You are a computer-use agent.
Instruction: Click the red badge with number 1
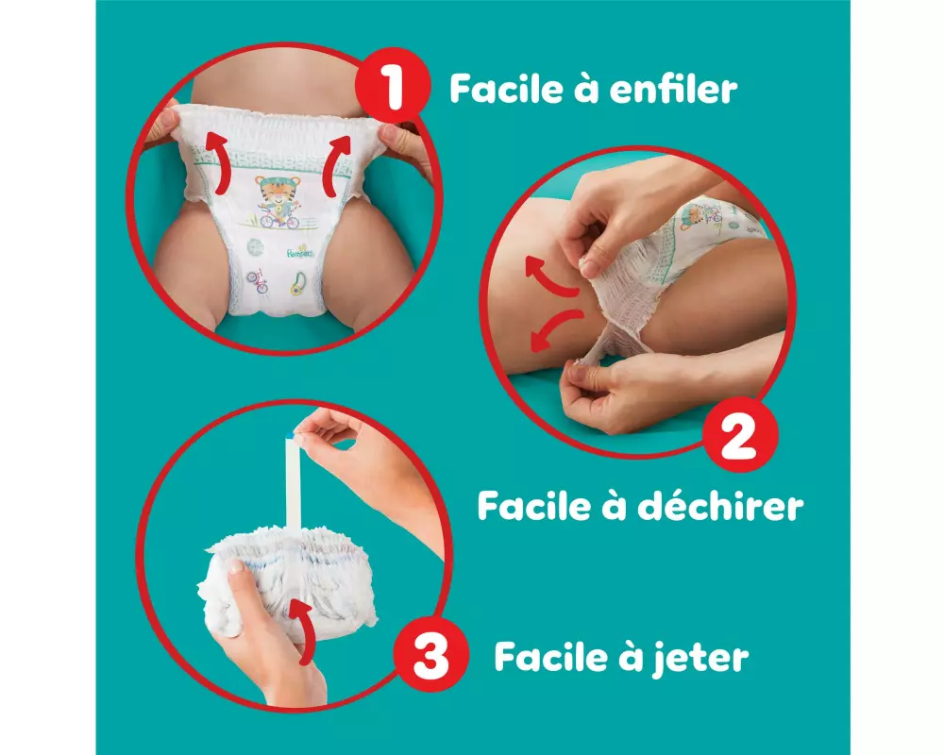tap(392, 88)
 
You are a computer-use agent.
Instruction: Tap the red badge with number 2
tap(739, 435)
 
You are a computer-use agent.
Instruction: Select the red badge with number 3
tap(431, 656)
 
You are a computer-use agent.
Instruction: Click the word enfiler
tap(673, 89)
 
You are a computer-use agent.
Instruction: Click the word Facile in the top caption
tap(505, 89)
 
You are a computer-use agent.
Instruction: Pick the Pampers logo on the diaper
tap(300, 251)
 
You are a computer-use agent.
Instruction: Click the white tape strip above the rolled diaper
tap(294, 482)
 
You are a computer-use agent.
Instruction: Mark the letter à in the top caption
tap(584, 89)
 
